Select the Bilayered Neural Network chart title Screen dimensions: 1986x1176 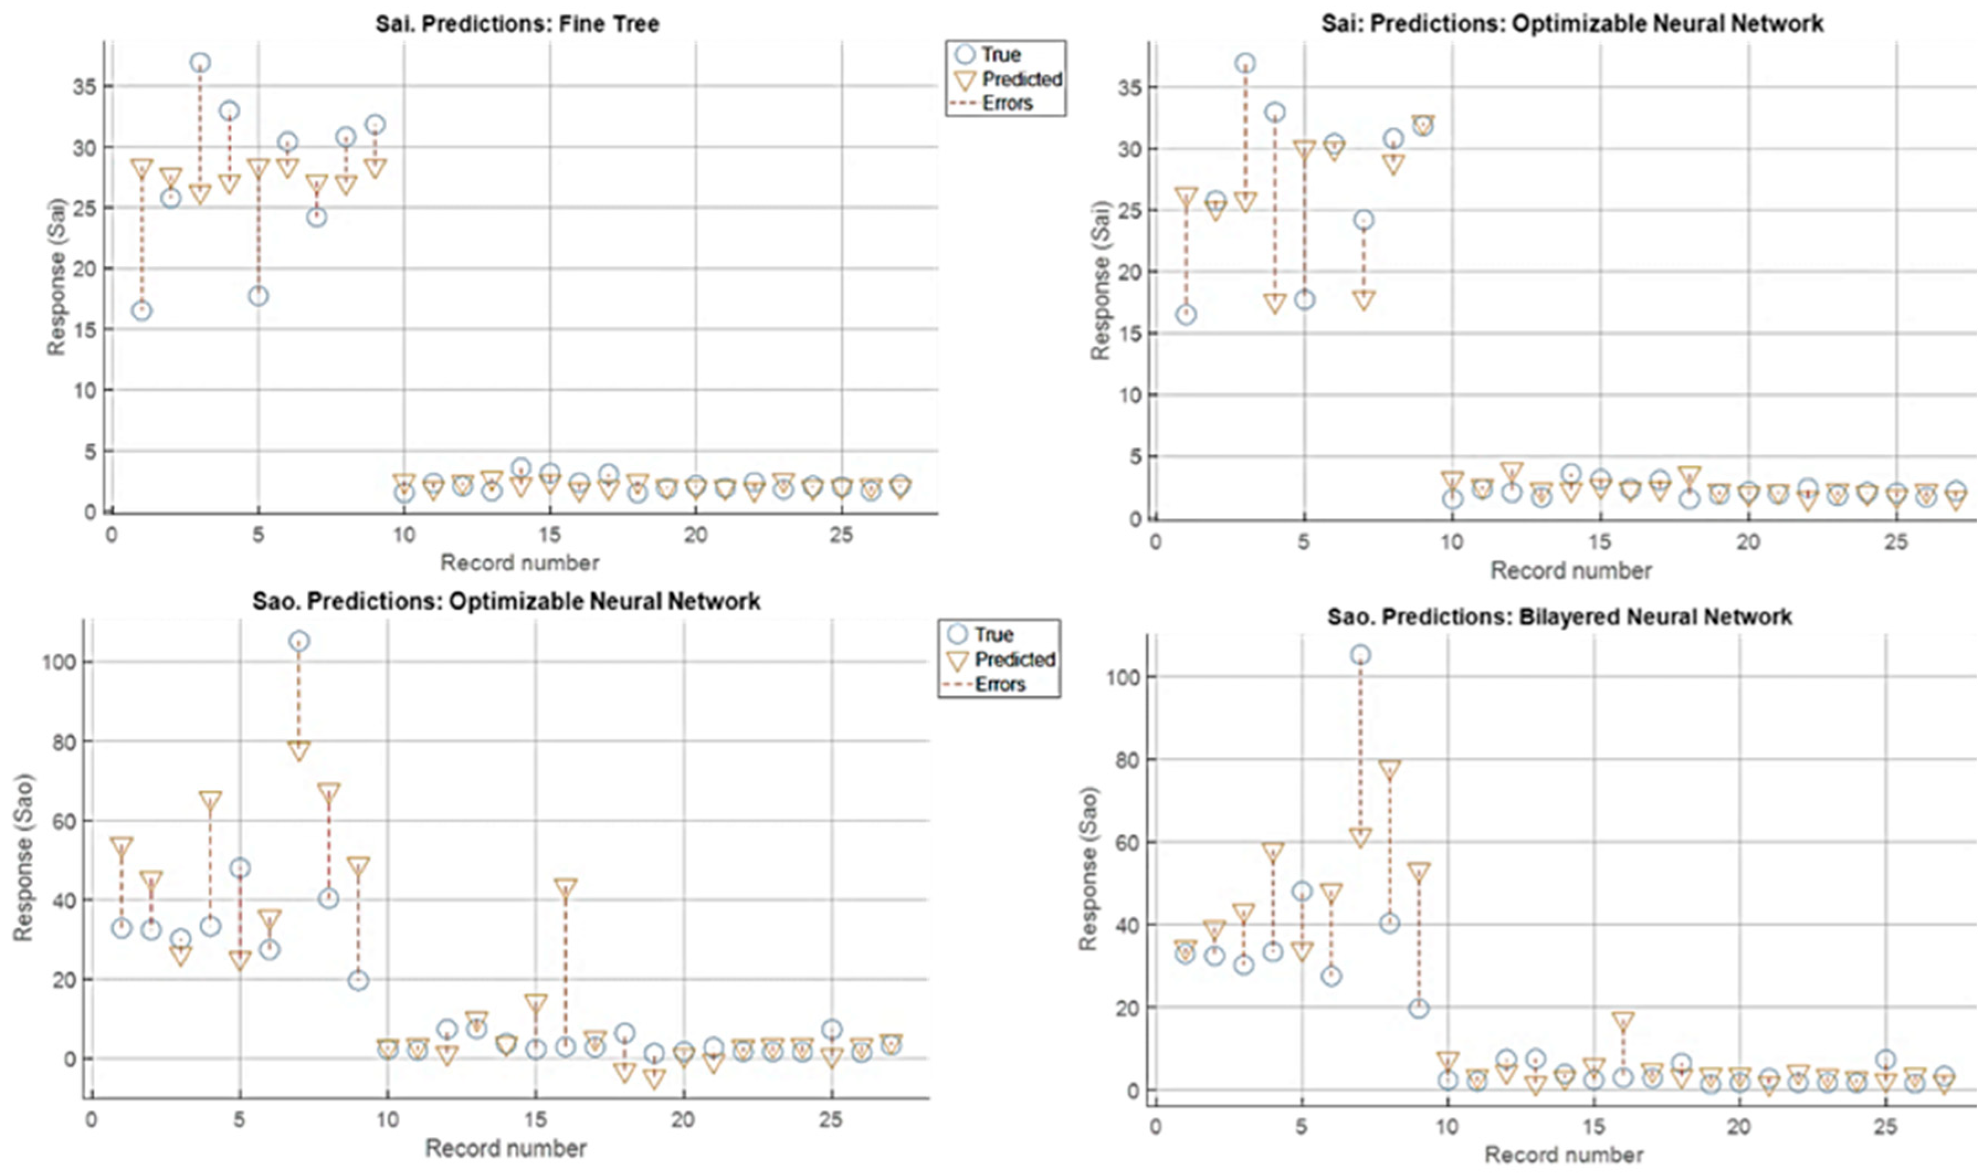click(1560, 616)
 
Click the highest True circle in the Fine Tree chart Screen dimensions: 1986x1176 click(200, 62)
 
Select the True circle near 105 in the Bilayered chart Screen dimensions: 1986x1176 click(1361, 655)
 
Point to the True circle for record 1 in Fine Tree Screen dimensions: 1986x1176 click(142, 310)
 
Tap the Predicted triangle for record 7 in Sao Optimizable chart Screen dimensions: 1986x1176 click(299, 750)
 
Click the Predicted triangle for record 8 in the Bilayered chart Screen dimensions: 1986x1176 click(1389, 769)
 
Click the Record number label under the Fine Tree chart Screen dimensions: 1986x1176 click(520, 563)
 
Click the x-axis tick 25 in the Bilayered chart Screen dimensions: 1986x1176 click(1886, 1127)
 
